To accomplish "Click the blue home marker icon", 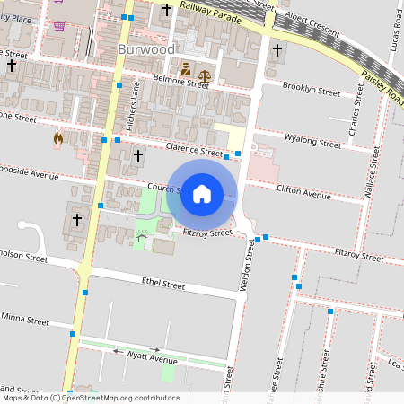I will coord(202,194).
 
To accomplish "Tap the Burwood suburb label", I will coord(145,49).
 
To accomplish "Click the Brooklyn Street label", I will coord(311,92).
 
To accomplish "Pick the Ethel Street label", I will coord(163,285).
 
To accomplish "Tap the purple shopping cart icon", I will coord(59,25).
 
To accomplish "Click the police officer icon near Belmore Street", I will coord(186,68).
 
